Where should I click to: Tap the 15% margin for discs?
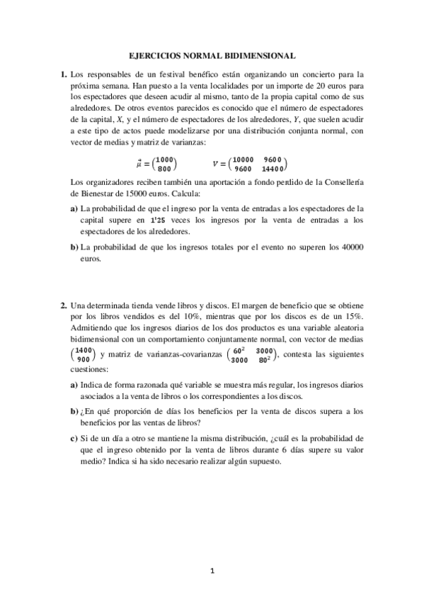click(352, 315)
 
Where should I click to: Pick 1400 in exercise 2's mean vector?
click(84, 350)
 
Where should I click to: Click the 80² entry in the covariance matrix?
click(266, 360)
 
